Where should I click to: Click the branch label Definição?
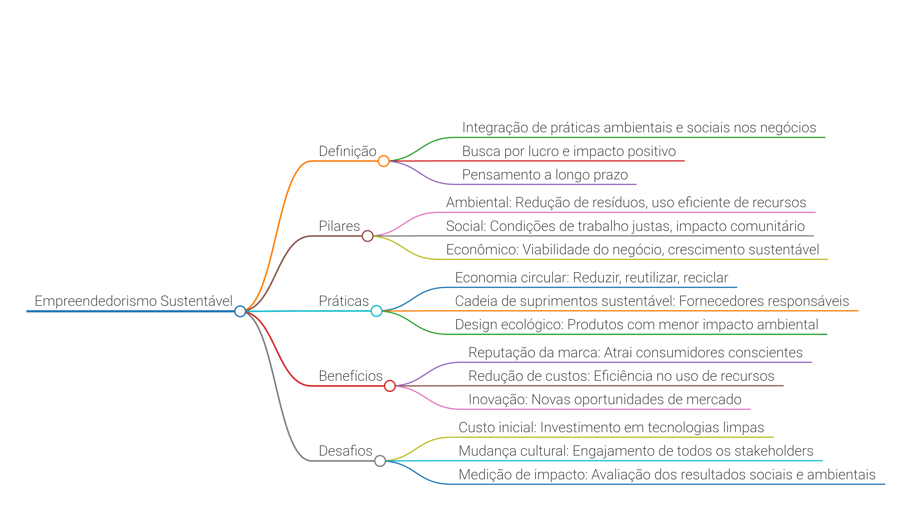pyautogui.click(x=347, y=151)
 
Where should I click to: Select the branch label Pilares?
pyautogui.click(x=339, y=226)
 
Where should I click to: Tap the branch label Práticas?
pyautogui.click(x=344, y=301)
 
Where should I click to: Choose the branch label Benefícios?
pyautogui.click(x=351, y=376)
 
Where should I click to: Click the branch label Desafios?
pyautogui.click(x=345, y=451)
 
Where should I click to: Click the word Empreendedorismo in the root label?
pyautogui.click(x=96, y=301)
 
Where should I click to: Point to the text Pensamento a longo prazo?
pyautogui.click(x=545, y=175)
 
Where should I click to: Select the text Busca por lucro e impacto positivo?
pyautogui.click(x=569, y=151)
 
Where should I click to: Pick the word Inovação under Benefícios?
pyautogui.click(x=498, y=400)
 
